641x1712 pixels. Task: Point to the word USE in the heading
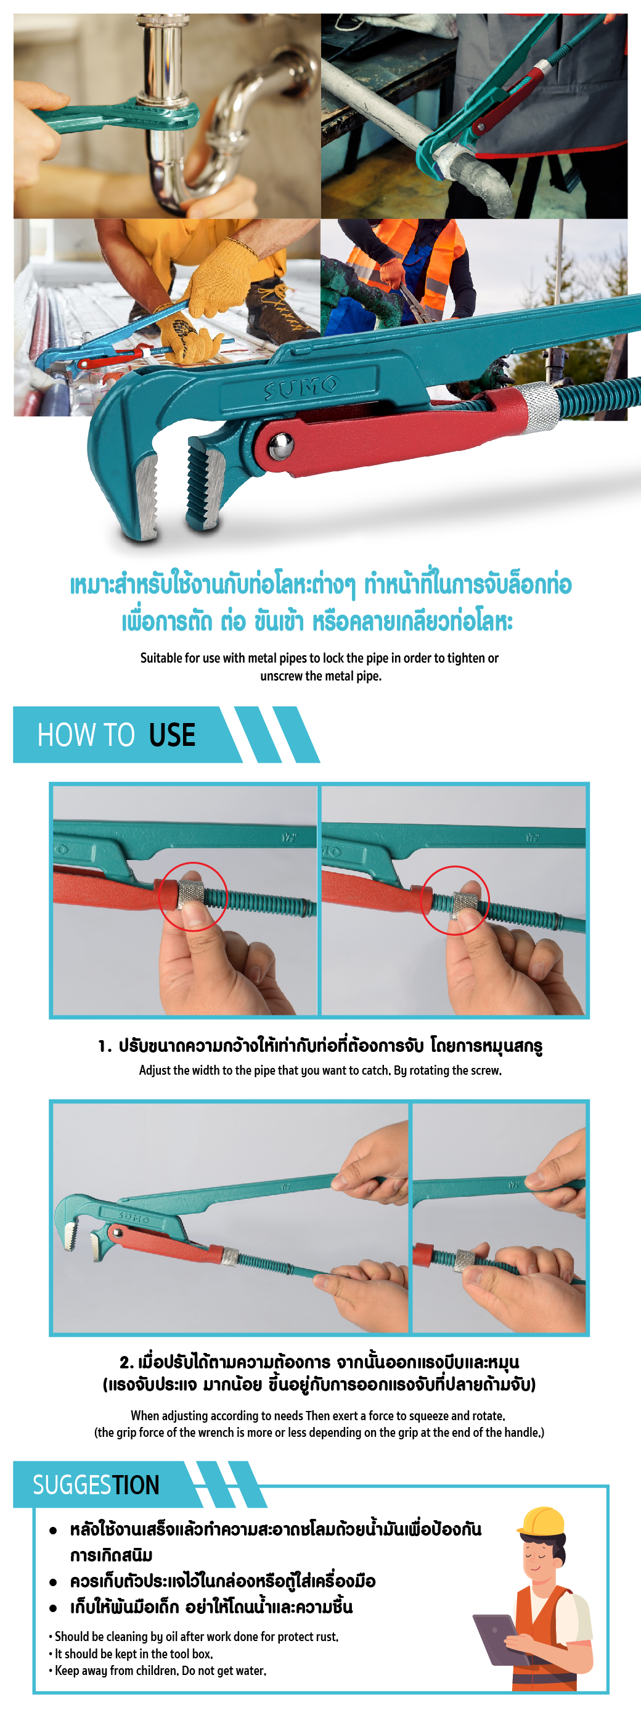tap(172, 735)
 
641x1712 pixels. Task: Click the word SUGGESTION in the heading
tap(96, 1484)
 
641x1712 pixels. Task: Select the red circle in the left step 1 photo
tap(194, 896)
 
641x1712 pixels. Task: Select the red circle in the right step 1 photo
tap(455, 900)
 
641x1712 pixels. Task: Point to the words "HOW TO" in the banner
tap(86, 735)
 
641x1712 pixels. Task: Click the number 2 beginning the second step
tap(125, 1362)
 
